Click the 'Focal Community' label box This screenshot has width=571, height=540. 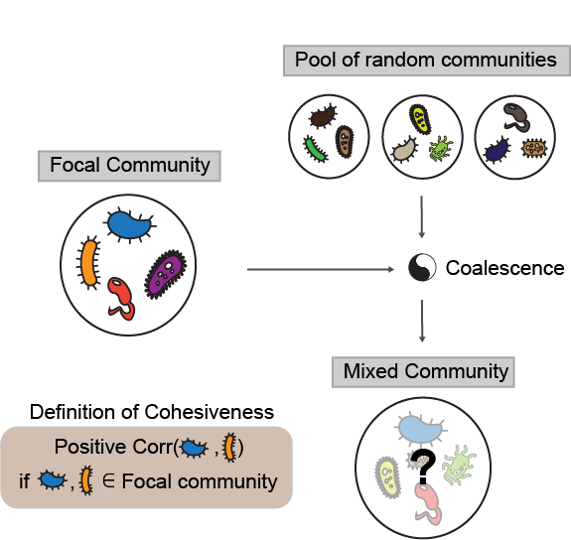(129, 165)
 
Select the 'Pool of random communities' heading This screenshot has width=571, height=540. (425, 60)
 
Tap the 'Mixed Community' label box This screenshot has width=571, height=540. (425, 372)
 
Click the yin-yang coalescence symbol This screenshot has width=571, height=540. (422, 268)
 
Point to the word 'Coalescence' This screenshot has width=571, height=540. (504, 268)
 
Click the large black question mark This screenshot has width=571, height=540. (425, 464)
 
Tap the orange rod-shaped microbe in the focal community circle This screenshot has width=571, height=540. (89, 260)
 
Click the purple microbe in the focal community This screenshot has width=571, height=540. (164, 275)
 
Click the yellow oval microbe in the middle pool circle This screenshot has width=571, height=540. (420, 121)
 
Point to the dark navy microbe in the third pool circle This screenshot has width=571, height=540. (497, 150)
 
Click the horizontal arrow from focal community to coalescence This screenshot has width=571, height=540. (318, 268)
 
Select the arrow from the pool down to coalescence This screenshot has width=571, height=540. (423, 216)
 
